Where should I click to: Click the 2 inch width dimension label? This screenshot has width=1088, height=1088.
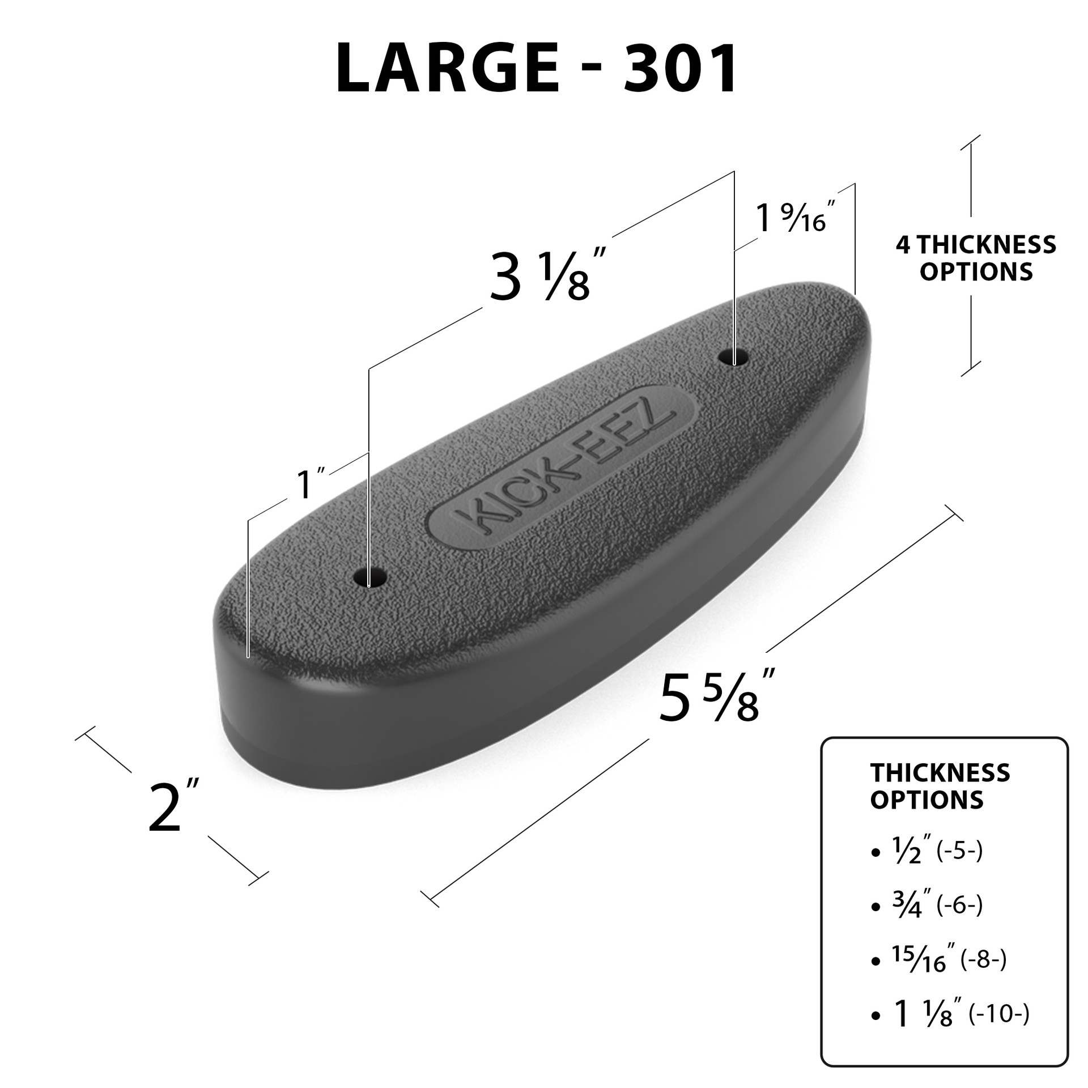[172, 806]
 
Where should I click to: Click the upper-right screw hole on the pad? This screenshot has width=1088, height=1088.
[733, 358]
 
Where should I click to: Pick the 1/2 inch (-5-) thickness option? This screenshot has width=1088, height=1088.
[929, 868]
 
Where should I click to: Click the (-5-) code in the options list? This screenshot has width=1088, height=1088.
[959, 867]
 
